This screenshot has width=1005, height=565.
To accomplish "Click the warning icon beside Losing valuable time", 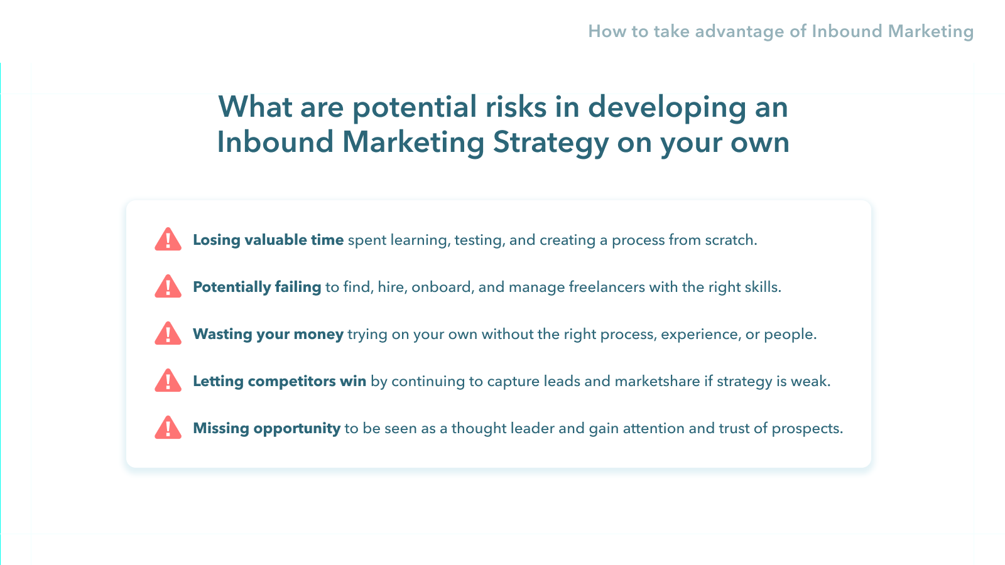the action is click(x=168, y=239).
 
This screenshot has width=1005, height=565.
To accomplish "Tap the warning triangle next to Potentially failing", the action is click(x=168, y=286).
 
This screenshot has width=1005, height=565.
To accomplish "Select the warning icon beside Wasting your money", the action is click(x=168, y=333).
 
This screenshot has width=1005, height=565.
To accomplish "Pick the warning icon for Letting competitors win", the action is click(x=168, y=380).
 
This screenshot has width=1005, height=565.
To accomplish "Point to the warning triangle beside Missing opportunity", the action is click(x=168, y=428).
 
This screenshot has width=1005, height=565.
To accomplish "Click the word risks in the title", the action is click(x=516, y=107).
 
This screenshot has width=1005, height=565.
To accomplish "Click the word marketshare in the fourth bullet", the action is click(x=657, y=381).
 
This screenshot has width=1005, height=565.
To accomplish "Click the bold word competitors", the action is click(x=291, y=382).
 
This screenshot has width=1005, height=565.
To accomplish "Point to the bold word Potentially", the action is click(x=232, y=288).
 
